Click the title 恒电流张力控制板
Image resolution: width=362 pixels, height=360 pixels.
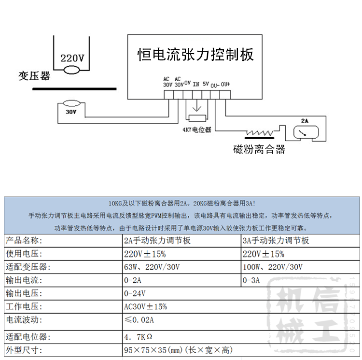click(x=195, y=54)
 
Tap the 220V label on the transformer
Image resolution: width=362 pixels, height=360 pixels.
click(x=72, y=58)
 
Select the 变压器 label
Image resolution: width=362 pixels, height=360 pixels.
click(x=34, y=76)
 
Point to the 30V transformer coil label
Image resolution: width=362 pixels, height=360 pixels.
click(x=71, y=112)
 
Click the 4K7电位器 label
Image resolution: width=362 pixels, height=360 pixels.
click(x=196, y=130)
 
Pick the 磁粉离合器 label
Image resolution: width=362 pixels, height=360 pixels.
click(x=259, y=149)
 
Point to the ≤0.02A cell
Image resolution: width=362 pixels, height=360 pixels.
click(x=140, y=320)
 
